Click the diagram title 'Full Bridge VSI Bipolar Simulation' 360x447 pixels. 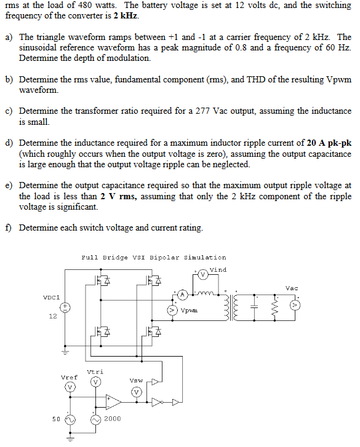[x=153, y=258]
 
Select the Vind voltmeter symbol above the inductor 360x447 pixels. [x=202, y=274]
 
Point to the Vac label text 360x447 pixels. [x=292, y=288]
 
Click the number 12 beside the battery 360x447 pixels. [x=52, y=317]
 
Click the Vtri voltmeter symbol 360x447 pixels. [x=95, y=382]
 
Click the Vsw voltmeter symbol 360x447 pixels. [x=137, y=391]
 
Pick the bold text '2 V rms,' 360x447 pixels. [x=119, y=196]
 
